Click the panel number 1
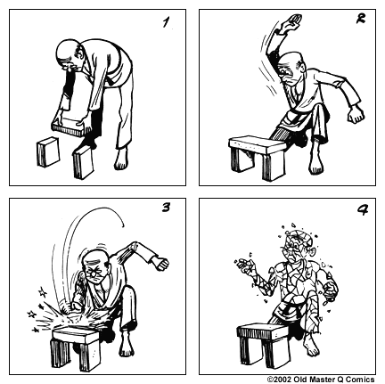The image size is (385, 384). tap(167, 22)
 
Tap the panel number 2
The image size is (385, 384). tap(361, 19)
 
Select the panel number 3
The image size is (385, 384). tap(166, 208)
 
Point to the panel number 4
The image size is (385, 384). tap(363, 209)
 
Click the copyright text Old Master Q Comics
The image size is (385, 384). tap(321, 380)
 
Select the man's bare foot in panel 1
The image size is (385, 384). tap(121, 159)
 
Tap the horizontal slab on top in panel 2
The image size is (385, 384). tap(257, 145)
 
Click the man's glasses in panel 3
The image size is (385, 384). tap(94, 271)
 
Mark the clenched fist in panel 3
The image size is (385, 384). tap(161, 263)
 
